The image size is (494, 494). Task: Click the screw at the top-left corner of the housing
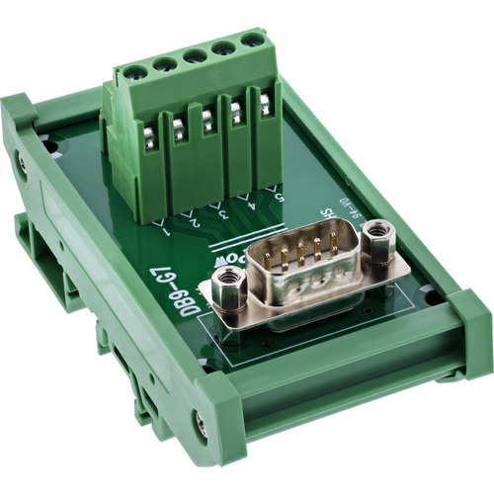[x=21, y=167]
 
